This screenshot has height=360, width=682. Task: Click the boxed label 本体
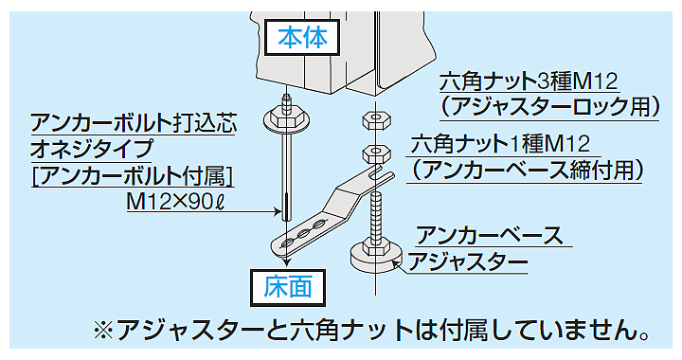pyautogui.click(x=302, y=37)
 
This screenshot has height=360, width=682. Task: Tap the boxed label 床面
pyautogui.click(x=288, y=288)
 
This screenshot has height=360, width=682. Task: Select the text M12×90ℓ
pyautogui.click(x=176, y=202)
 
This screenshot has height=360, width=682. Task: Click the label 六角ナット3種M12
pyautogui.click(x=529, y=81)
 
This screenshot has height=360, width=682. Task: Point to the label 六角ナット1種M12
pyautogui.click(x=500, y=144)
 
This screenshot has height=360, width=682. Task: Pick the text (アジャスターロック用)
pyautogui.click(x=549, y=107)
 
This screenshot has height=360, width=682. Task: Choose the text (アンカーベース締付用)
pyautogui.click(x=526, y=170)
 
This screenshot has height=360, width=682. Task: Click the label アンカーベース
pyautogui.click(x=490, y=235)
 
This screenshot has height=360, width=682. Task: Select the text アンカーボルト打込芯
pyautogui.click(x=134, y=123)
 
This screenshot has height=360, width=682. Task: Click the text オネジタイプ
pyautogui.click(x=92, y=149)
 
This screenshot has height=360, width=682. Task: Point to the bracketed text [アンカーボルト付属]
pyautogui.click(x=133, y=176)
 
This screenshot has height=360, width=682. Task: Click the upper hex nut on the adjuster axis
pyautogui.click(x=376, y=120)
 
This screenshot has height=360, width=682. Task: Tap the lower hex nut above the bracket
pyautogui.click(x=376, y=153)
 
